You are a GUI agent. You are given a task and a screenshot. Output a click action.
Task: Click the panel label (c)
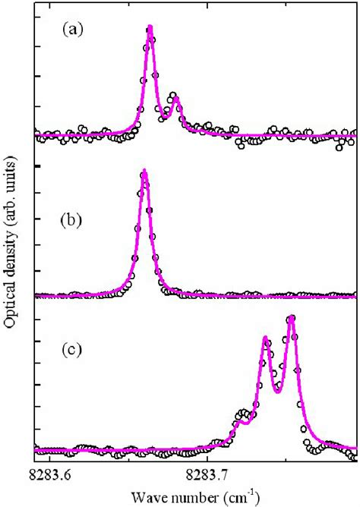click(74, 354)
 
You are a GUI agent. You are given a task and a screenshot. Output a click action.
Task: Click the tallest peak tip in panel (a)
click(150, 27)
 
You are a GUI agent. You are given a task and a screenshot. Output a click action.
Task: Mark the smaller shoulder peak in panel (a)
click(175, 97)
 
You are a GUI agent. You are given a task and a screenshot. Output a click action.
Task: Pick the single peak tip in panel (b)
click(144, 172)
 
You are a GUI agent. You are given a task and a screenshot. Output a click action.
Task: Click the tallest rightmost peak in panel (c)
click(290, 318)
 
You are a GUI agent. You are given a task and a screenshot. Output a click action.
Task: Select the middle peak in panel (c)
click(265, 338)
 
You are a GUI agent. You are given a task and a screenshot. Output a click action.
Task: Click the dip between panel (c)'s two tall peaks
click(277, 390)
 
